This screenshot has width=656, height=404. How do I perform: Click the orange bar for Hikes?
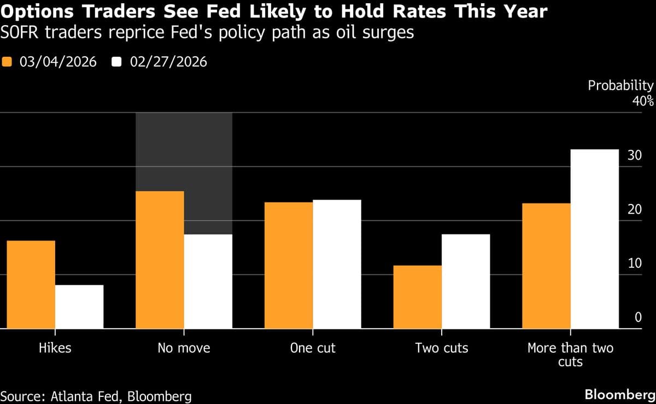[x=31, y=284]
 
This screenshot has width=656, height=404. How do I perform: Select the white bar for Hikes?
[x=79, y=307]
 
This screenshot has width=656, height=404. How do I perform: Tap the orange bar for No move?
[x=160, y=260]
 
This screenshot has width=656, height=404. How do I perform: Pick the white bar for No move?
[x=208, y=282]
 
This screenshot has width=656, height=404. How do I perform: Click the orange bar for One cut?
[x=289, y=265]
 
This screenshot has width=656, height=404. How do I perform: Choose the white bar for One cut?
[x=337, y=264]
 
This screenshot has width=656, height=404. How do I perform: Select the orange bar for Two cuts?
[x=418, y=297]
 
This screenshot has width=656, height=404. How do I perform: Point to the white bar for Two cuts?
[x=466, y=282]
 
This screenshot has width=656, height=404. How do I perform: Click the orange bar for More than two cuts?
[x=547, y=266]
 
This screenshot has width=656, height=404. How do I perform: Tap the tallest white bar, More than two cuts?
[x=595, y=239]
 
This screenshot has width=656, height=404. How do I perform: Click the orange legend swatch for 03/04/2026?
[x=7, y=62]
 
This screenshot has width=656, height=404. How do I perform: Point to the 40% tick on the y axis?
[x=643, y=101]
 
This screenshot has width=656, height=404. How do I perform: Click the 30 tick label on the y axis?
[x=635, y=155]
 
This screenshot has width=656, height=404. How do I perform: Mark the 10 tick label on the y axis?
[x=635, y=264]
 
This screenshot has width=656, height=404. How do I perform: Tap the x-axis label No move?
[x=184, y=348]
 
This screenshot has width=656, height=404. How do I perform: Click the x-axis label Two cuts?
[x=442, y=348]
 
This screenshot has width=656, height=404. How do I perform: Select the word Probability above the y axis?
[x=620, y=85]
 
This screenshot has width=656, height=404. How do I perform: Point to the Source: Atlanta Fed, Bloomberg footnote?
[x=96, y=395]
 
